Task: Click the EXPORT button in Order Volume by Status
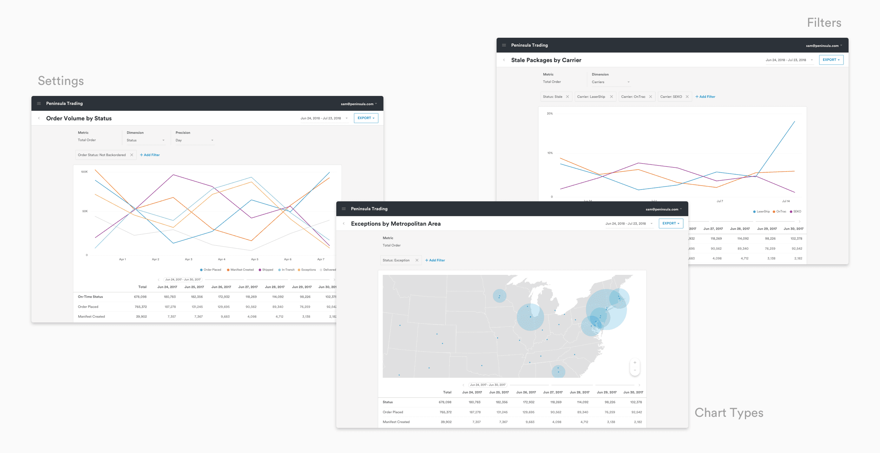(366, 118)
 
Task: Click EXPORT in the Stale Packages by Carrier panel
(831, 60)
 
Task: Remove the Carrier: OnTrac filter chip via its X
(651, 97)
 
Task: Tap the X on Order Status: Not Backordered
(132, 155)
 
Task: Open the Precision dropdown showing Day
(194, 140)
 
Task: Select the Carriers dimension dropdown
(610, 82)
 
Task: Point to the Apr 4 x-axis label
(222, 260)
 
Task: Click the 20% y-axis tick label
(550, 114)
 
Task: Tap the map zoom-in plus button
(635, 363)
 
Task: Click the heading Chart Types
(729, 412)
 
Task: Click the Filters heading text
(824, 23)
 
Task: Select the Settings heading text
(61, 81)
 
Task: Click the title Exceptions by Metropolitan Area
(396, 224)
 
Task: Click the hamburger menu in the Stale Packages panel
(504, 45)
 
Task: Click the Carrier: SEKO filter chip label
(671, 97)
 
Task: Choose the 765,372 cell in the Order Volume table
(141, 307)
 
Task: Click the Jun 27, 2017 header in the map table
(552, 392)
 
